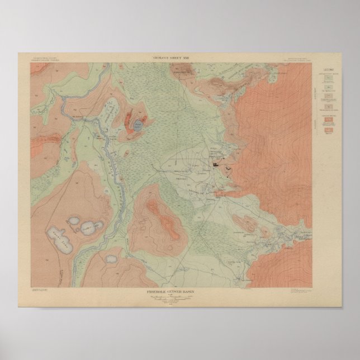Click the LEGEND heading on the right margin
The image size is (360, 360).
[x=327, y=70]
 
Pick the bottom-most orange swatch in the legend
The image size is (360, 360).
[x=327, y=129]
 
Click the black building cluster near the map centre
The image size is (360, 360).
[x=217, y=164]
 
